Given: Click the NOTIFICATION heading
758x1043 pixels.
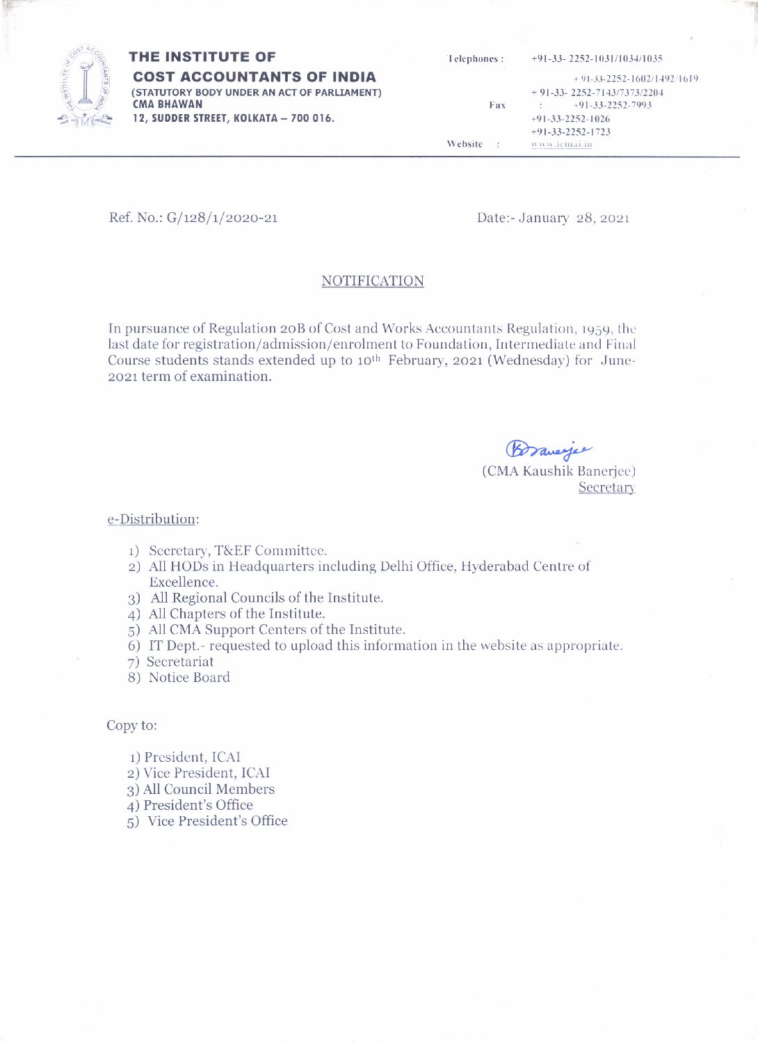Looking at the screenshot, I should click(372, 281).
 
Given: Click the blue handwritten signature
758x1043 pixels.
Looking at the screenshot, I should click(548, 449).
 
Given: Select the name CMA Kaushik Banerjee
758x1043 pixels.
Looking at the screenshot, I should click(558, 471).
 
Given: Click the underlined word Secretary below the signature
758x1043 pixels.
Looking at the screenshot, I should click(606, 487).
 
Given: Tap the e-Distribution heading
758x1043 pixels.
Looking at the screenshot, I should click(153, 519).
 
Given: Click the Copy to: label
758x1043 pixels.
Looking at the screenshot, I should click(131, 725).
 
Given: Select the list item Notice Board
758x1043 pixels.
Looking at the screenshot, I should click(189, 677).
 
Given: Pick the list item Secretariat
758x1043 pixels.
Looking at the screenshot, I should click(180, 662).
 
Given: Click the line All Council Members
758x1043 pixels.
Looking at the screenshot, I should click(209, 789).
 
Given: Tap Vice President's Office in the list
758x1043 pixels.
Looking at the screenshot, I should click(217, 821).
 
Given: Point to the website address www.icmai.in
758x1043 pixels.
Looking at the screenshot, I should click(561, 145).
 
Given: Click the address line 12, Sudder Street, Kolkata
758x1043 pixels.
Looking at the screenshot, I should click(233, 118).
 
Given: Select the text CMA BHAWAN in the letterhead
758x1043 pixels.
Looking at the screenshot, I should click(167, 104).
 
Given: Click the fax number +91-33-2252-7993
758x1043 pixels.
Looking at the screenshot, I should click(612, 105).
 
